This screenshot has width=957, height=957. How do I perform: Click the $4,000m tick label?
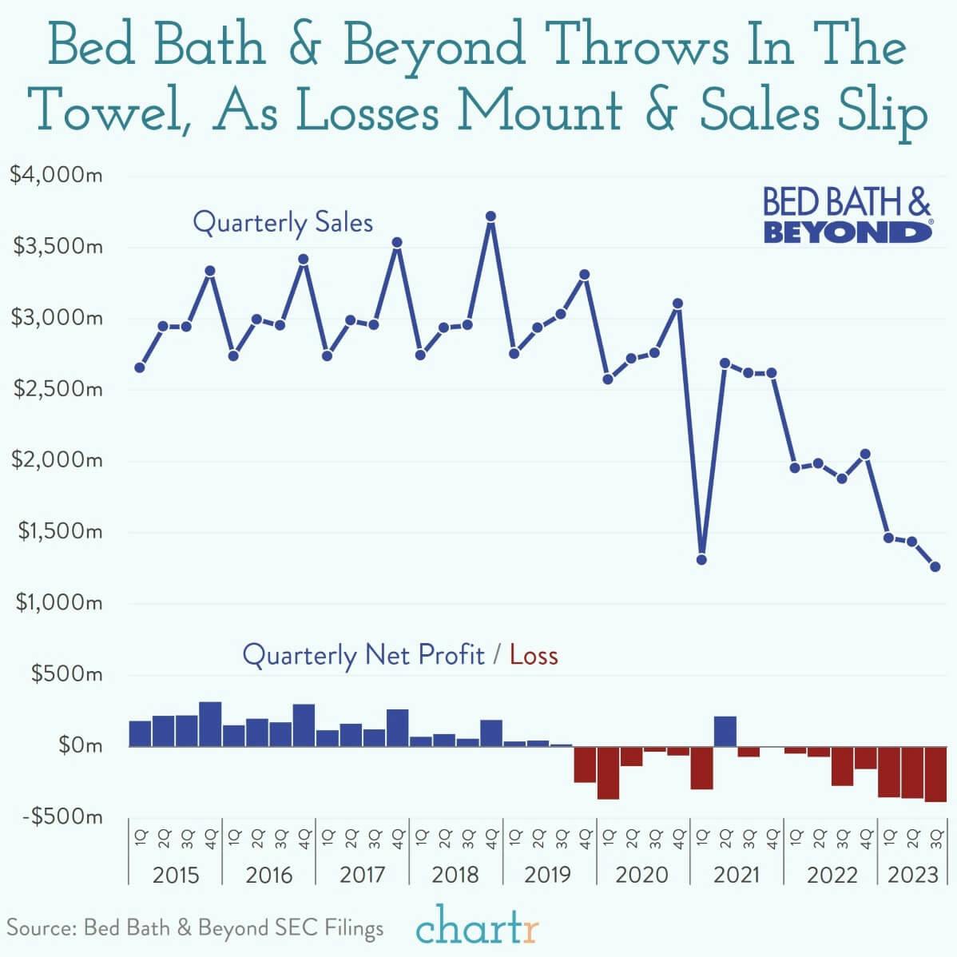coord(56,174)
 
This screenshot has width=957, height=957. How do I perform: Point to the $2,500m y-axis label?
coord(56,389)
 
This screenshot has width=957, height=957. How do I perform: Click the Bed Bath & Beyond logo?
coord(847,216)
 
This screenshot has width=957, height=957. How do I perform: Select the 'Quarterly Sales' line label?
coord(283,222)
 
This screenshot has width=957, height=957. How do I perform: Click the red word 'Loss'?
coord(534,656)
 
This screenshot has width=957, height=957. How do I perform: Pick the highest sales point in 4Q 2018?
coord(491,216)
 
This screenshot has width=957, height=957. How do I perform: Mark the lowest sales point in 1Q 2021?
coord(701,559)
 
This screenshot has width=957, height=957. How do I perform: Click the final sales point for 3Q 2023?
coord(935,566)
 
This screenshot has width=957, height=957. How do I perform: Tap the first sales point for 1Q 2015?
coord(140,367)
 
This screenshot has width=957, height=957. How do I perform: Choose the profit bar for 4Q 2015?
coord(210,725)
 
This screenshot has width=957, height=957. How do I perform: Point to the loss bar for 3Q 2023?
coord(935,773)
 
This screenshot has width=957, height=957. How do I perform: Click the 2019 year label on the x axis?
coord(548,874)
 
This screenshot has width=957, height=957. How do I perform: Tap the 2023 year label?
coord(912,874)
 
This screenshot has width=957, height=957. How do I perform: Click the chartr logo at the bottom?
coord(478,929)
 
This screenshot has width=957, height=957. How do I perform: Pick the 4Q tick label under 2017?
coord(398,838)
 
